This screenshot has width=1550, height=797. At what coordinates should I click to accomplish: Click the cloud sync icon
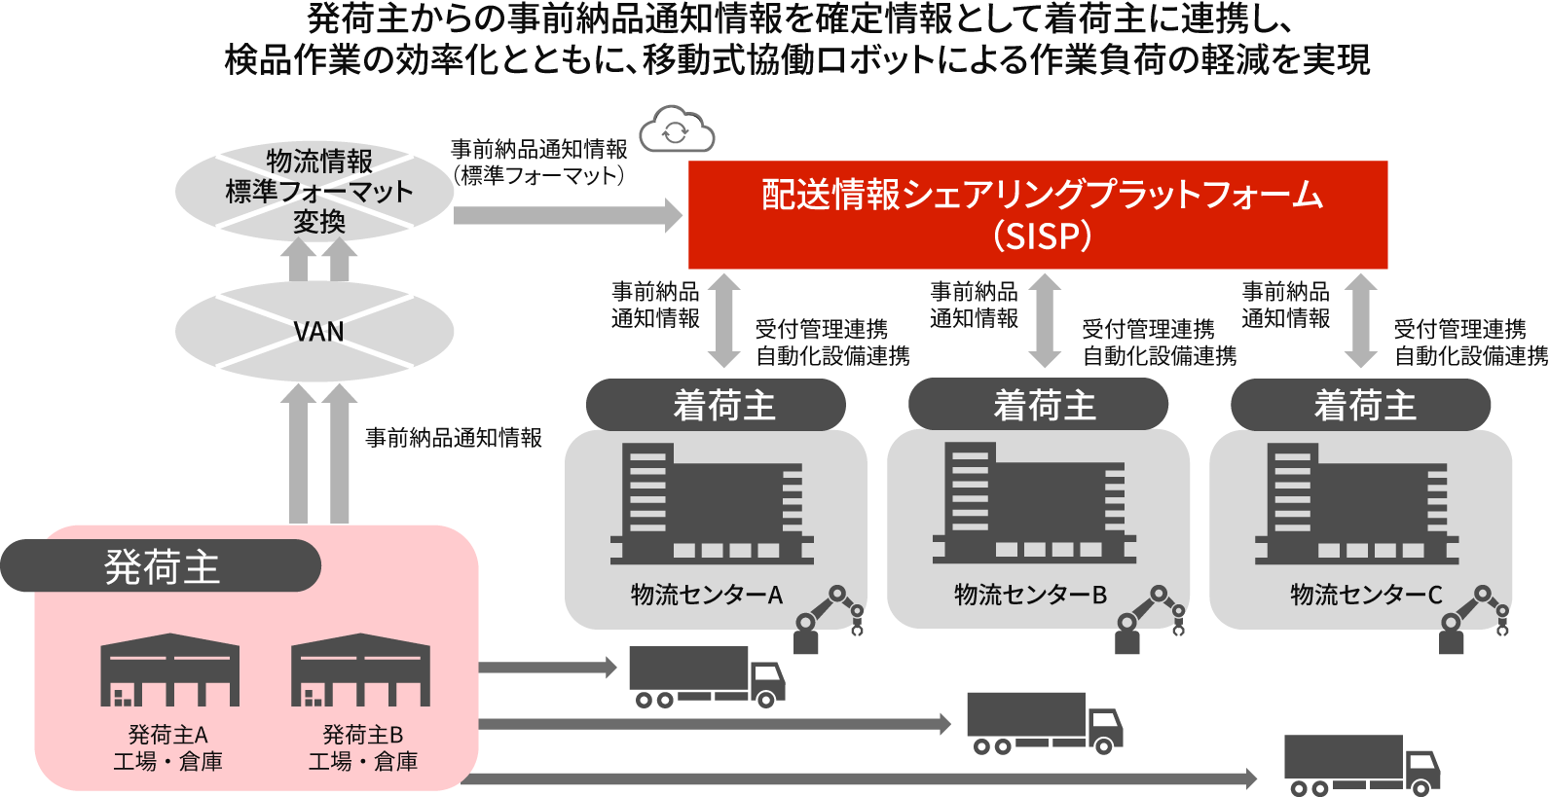677,130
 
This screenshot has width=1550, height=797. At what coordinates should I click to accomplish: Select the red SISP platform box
1037,214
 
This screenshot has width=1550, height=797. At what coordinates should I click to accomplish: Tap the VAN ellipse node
315,332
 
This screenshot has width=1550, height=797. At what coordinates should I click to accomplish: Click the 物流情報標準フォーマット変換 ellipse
315,191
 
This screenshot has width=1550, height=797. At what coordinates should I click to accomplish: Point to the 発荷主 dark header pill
161,566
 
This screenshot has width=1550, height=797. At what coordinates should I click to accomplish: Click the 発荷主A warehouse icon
169,670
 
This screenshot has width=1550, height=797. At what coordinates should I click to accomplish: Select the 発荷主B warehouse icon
361,670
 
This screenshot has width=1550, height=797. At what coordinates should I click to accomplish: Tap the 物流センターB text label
1030,595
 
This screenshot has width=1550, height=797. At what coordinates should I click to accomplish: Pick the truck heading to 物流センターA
706,675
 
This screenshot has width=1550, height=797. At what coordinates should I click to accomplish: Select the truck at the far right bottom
1361,764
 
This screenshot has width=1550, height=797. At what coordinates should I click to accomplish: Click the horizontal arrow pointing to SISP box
568,215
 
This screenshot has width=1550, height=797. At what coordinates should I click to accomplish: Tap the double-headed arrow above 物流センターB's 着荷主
1045,320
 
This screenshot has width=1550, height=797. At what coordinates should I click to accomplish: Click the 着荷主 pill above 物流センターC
1360,405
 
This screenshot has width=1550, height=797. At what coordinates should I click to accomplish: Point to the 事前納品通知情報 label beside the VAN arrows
453,438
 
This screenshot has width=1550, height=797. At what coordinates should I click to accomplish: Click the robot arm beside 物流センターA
828,619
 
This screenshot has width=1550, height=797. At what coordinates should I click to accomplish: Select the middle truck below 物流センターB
1044,722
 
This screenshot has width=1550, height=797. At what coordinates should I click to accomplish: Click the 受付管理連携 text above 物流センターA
821,329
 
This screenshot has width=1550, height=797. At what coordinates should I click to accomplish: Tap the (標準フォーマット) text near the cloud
538,176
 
